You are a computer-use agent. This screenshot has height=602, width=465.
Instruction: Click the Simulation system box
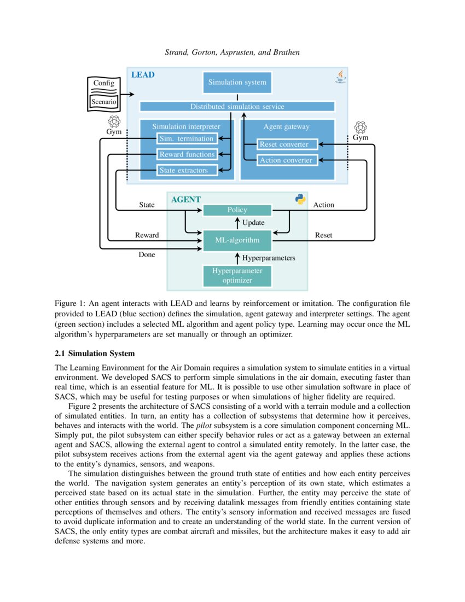pos(237,83)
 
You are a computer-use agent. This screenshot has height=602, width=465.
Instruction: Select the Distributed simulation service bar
pos(237,107)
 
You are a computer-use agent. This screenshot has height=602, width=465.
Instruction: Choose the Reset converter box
pos(287,144)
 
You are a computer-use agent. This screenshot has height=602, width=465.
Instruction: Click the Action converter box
pos(287,160)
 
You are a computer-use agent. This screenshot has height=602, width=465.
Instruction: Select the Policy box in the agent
pos(237,210)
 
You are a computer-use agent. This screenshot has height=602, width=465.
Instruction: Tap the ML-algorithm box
pos(237,240)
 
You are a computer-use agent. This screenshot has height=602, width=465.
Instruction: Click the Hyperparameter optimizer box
pos(237,276)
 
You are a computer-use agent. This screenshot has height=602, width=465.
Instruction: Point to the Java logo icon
pos(340,77)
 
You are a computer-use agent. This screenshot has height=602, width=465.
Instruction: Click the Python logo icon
pos(300,199)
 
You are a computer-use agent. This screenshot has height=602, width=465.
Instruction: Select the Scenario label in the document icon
pos(103,102)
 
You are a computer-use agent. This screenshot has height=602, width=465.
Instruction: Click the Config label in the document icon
pos(103,83)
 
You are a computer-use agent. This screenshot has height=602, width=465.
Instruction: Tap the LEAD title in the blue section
pos(143,74)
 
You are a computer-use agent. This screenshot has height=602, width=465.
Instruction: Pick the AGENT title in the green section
pos(186,200)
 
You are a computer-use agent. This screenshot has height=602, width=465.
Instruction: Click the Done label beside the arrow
pos(147,254)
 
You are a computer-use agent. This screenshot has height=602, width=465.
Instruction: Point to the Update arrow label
pos(253,223)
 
